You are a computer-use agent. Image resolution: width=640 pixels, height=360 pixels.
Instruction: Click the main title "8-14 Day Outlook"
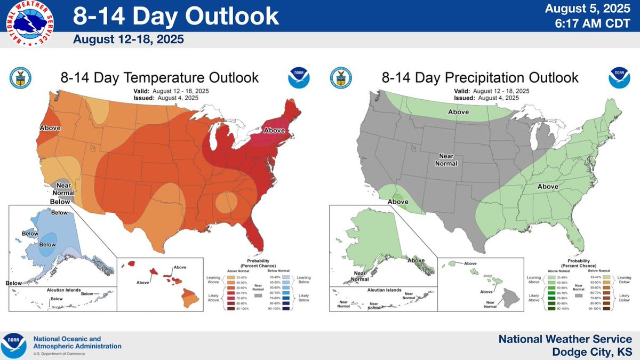175,17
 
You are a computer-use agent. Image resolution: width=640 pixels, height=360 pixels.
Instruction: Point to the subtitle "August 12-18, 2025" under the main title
126,39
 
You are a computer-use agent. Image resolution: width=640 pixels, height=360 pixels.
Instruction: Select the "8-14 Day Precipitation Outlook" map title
479,77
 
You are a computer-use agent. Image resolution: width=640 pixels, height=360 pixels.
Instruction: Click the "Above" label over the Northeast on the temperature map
275,130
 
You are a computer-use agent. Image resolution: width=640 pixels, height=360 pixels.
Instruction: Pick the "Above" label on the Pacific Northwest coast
50,128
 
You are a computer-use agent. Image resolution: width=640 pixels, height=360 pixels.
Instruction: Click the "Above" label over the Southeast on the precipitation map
547,186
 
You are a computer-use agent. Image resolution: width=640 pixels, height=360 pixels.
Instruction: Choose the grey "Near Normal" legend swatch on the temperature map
258,295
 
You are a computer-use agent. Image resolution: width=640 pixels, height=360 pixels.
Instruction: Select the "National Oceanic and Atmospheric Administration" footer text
77,342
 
